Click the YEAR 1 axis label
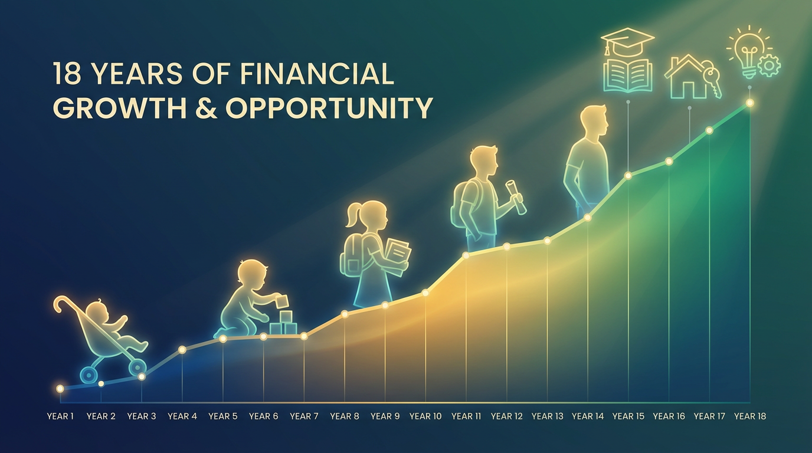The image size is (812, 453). point(60,416)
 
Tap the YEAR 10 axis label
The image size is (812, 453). point(425,416)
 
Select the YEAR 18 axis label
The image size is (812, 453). point(750,416)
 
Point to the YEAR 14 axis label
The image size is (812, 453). point(588,416)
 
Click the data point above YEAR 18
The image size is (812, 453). point(750,103)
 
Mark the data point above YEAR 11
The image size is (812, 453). point(466,255)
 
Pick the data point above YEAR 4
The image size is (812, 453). point(182,350)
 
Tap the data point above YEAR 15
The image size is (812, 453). point(628,175)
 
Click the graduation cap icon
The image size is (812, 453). point(627,40)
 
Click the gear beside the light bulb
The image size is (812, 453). point(770,66)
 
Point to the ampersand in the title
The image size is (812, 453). point(207,108)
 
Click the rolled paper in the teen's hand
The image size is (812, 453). point(515,196)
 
